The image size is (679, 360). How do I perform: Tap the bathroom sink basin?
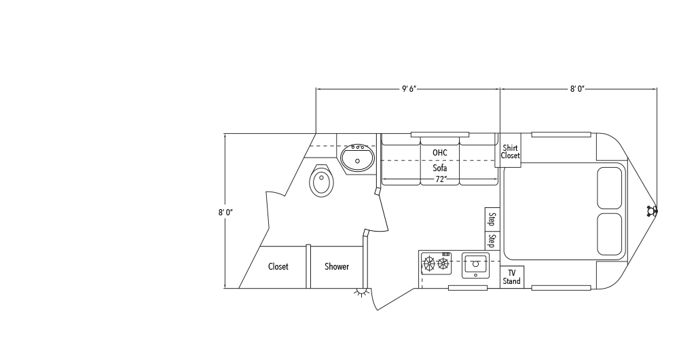click(x=357, y=160)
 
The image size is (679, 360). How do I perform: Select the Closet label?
click(x=278, y=266)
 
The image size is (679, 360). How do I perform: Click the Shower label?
click(x=336, y=266)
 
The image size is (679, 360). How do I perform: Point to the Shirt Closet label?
click(x=511, y=151)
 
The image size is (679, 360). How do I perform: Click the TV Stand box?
click(x=512, y=277)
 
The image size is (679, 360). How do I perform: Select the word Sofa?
click(x=439, y=167)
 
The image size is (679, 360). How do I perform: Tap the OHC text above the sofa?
click(x=439, y=152)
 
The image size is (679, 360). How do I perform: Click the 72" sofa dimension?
click(x=440, y=179)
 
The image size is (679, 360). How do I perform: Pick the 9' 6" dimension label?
click(x=408, y=88)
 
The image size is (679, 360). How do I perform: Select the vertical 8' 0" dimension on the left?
click(x=225, y=212)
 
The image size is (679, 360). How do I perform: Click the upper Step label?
click(x=492, y=219)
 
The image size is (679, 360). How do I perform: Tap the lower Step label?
click(x=492, y=240)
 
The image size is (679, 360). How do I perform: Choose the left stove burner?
click(x=428, y=263)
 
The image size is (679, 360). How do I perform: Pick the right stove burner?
click(x=443, y=263)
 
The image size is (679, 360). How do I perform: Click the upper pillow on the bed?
click(x=609, y=187)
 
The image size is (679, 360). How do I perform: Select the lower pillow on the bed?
click(x=609, y=234)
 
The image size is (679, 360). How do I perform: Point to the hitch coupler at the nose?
click(x=653, y=211)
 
